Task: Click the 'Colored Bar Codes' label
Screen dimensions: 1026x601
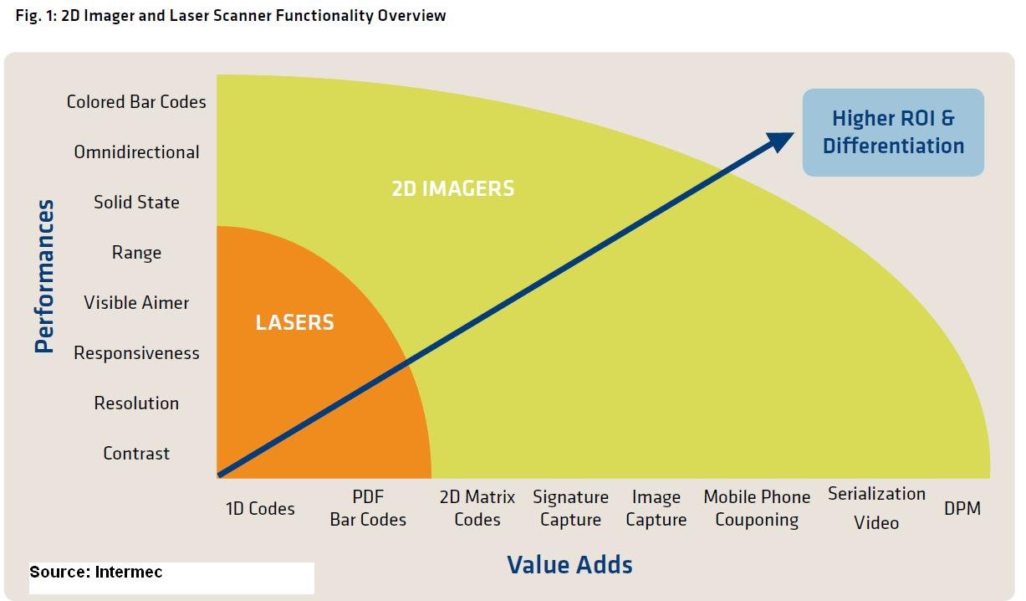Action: [x=136, y=102]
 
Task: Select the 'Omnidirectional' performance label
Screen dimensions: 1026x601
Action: [x=136, y=152]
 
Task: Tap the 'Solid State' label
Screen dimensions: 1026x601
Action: [x=136, y=203]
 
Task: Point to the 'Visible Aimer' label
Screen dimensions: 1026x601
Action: [x=136, y=302]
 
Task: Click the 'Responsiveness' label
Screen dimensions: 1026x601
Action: [x=136, y=353]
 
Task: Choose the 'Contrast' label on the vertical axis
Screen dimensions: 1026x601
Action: [x=136, y=454]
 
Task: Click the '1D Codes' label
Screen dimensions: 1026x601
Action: [x=260, y=508]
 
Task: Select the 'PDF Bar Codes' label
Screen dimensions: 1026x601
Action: [x=368, y=508]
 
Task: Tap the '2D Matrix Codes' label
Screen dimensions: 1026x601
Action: [x=477, y=508]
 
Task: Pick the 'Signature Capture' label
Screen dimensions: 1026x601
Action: [x=570, y=508]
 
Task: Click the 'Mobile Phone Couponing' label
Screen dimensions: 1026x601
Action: [x=757, y=508]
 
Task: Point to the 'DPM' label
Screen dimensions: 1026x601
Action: [x=962, y=508]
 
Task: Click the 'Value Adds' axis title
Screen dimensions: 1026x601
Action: [x=569, y=565]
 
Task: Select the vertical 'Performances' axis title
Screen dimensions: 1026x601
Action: [x=44, y=276]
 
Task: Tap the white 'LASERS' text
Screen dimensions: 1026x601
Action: [x=294, y=322]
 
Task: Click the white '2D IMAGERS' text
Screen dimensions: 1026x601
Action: [x=453, y=188]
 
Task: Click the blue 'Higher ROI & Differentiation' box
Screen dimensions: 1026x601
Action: [x=893, y=132]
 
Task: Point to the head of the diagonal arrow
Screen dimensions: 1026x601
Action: [x=794, y=133]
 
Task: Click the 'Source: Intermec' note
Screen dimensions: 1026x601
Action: [x=95, y=572]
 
